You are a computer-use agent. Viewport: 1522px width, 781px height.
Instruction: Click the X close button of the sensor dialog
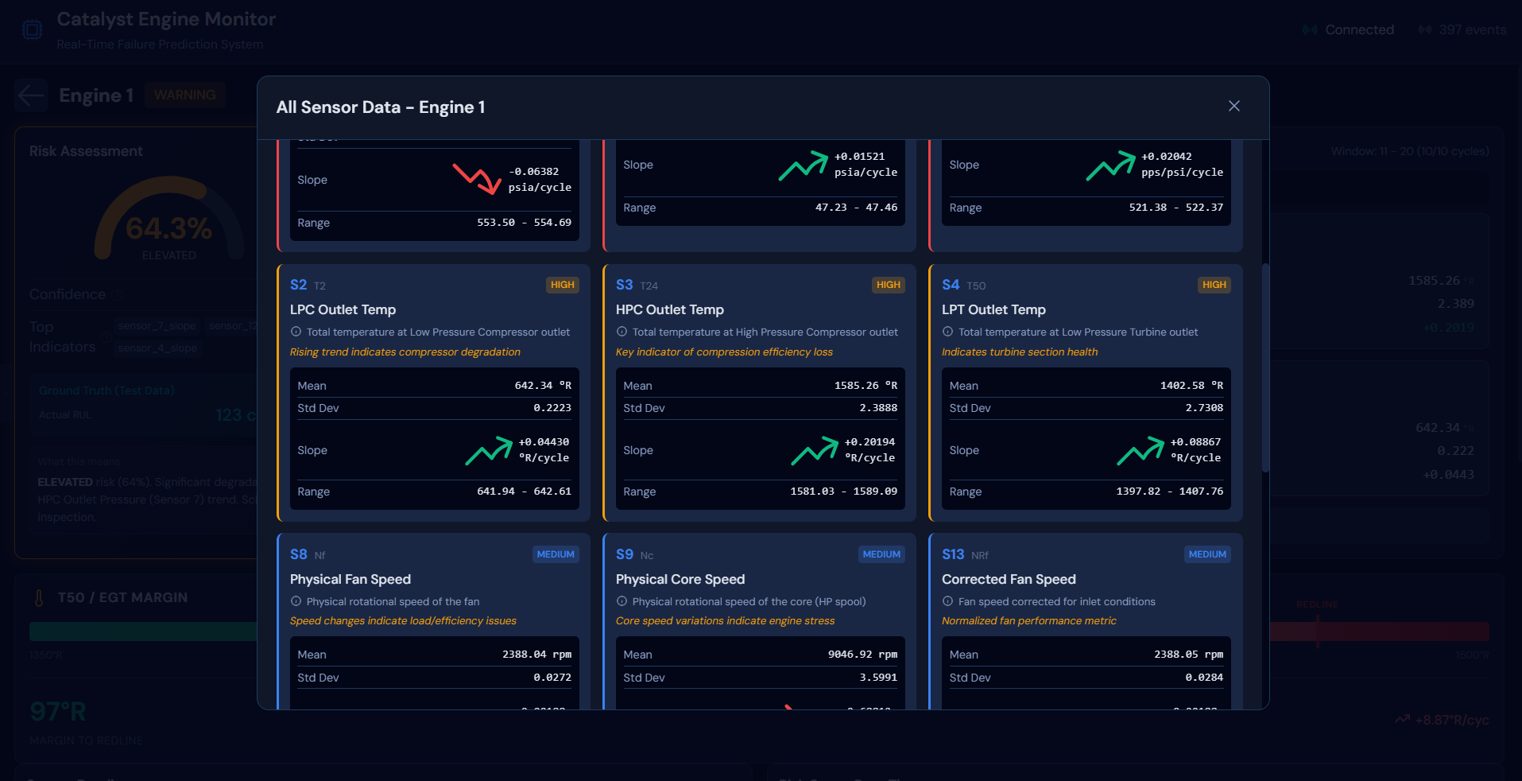click(x=1233, y=107)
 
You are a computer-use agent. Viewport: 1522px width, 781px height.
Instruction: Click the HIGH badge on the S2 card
click(x=562, y=285)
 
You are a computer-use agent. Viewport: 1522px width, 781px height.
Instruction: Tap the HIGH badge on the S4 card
click(x=1214, y=285)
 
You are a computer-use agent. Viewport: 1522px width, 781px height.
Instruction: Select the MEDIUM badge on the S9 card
click(x=881, y=554)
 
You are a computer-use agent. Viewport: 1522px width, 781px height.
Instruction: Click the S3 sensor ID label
click(x=624, y=285)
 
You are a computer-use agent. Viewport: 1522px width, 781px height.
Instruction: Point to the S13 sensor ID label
click(x=952, y=554)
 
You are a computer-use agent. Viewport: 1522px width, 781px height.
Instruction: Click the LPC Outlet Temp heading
click(x=343, y=309)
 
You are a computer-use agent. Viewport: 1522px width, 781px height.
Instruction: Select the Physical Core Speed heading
click(x=680, y=579)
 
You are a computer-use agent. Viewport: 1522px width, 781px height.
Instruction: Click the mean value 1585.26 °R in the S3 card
click(x=866, y=386)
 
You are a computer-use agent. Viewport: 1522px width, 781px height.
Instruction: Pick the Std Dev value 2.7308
click(x=1204, y=408)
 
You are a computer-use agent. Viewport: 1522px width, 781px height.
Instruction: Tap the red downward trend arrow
click(x=476, y=179)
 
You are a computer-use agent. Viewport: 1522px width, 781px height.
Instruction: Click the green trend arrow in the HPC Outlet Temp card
click(x=814, y=451)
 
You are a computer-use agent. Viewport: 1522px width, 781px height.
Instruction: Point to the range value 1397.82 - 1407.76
click(x=1169, y=492)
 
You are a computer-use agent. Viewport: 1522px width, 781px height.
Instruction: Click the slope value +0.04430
click(x=544, y=442)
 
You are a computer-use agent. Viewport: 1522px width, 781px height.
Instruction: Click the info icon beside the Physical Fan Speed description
click(x=296, y=601)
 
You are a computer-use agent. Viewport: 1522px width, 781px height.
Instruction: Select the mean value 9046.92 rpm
click(x=862, y=655)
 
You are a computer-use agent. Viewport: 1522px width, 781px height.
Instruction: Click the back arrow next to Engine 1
click(x=31, y=95)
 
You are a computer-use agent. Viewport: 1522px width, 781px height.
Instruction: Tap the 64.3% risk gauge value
click(x=168, y=229)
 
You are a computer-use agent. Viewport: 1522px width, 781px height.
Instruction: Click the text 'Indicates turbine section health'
click(x=1019, y=352)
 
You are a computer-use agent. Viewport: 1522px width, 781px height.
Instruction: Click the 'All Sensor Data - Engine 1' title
click(x=380, y=107)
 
